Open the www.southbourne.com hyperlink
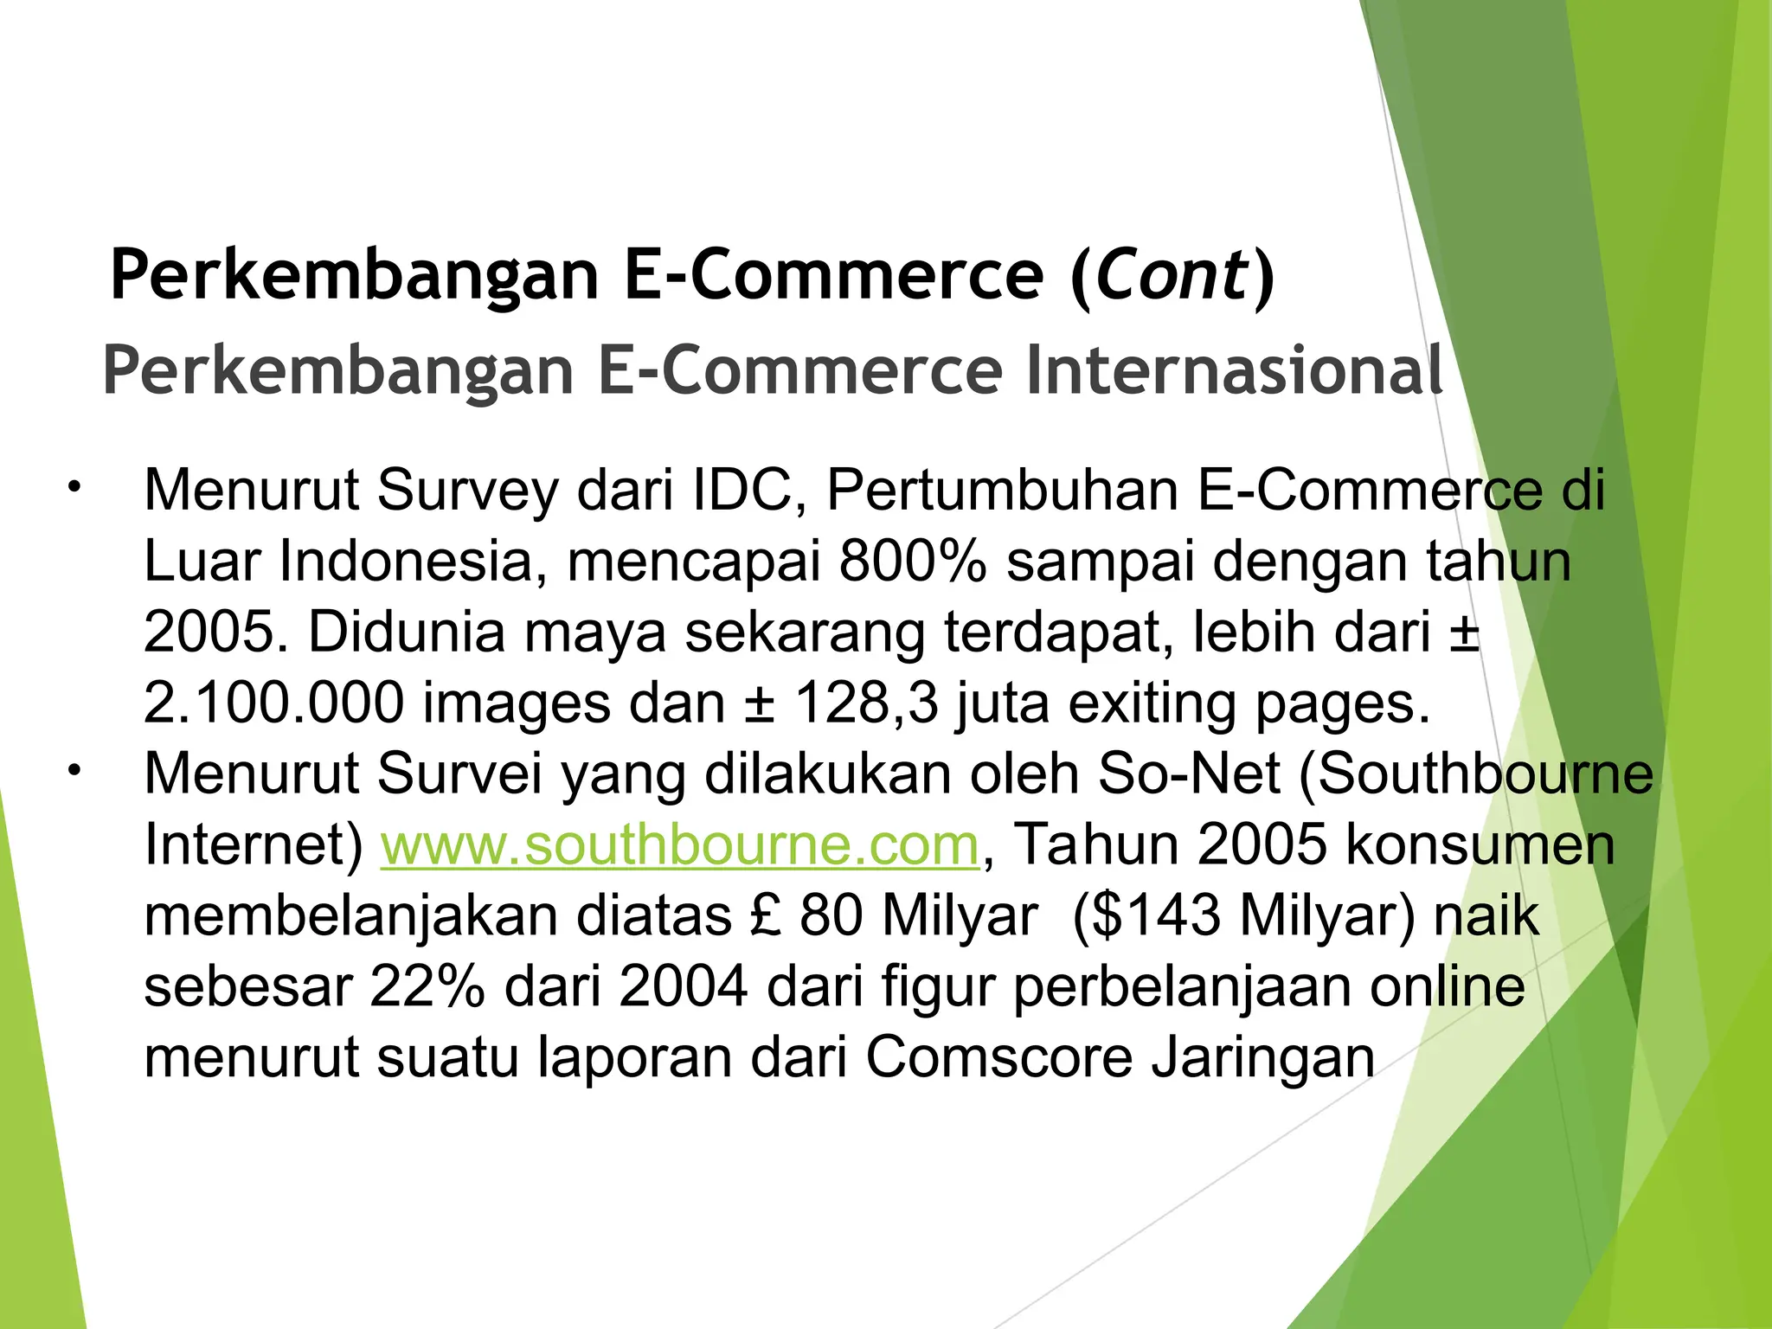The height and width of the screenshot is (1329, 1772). click(680, 844)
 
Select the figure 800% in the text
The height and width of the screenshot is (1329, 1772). click(912, 562)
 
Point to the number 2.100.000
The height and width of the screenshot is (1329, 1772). click(273, 703)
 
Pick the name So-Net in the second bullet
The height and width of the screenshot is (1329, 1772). click(1189, 773)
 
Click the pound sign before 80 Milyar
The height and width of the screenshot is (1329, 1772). click(766, 915)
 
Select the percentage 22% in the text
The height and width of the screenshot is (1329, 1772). click(427, 986)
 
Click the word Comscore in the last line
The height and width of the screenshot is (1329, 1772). click(998, 1057)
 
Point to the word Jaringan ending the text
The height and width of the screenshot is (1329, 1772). click(1262, 1057)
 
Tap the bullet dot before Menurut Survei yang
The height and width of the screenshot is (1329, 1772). click(74, 768)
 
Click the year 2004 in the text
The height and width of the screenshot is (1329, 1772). click(684, 986)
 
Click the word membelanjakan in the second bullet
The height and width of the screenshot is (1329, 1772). click(350, 915)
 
